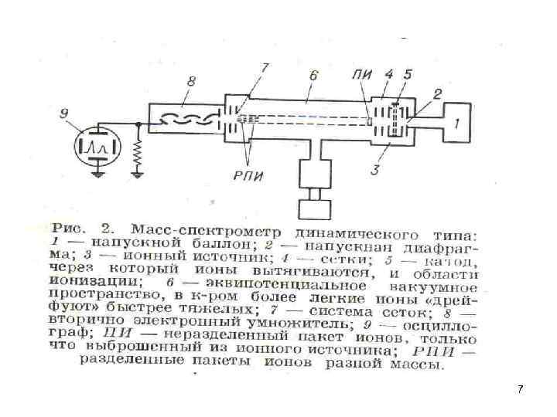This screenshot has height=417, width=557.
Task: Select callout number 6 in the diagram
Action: click(313, 76)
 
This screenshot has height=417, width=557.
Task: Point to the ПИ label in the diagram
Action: click(361, 75)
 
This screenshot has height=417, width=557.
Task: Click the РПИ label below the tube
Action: click(248, 175)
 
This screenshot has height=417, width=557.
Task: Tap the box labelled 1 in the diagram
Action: click(460, 121)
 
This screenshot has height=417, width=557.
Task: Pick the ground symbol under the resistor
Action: click(137, 174)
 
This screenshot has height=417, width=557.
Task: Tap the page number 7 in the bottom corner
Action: click(521, 389)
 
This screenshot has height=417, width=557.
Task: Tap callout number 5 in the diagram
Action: click(408, 75)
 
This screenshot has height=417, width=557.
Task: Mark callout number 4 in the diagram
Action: click(389, 75)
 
